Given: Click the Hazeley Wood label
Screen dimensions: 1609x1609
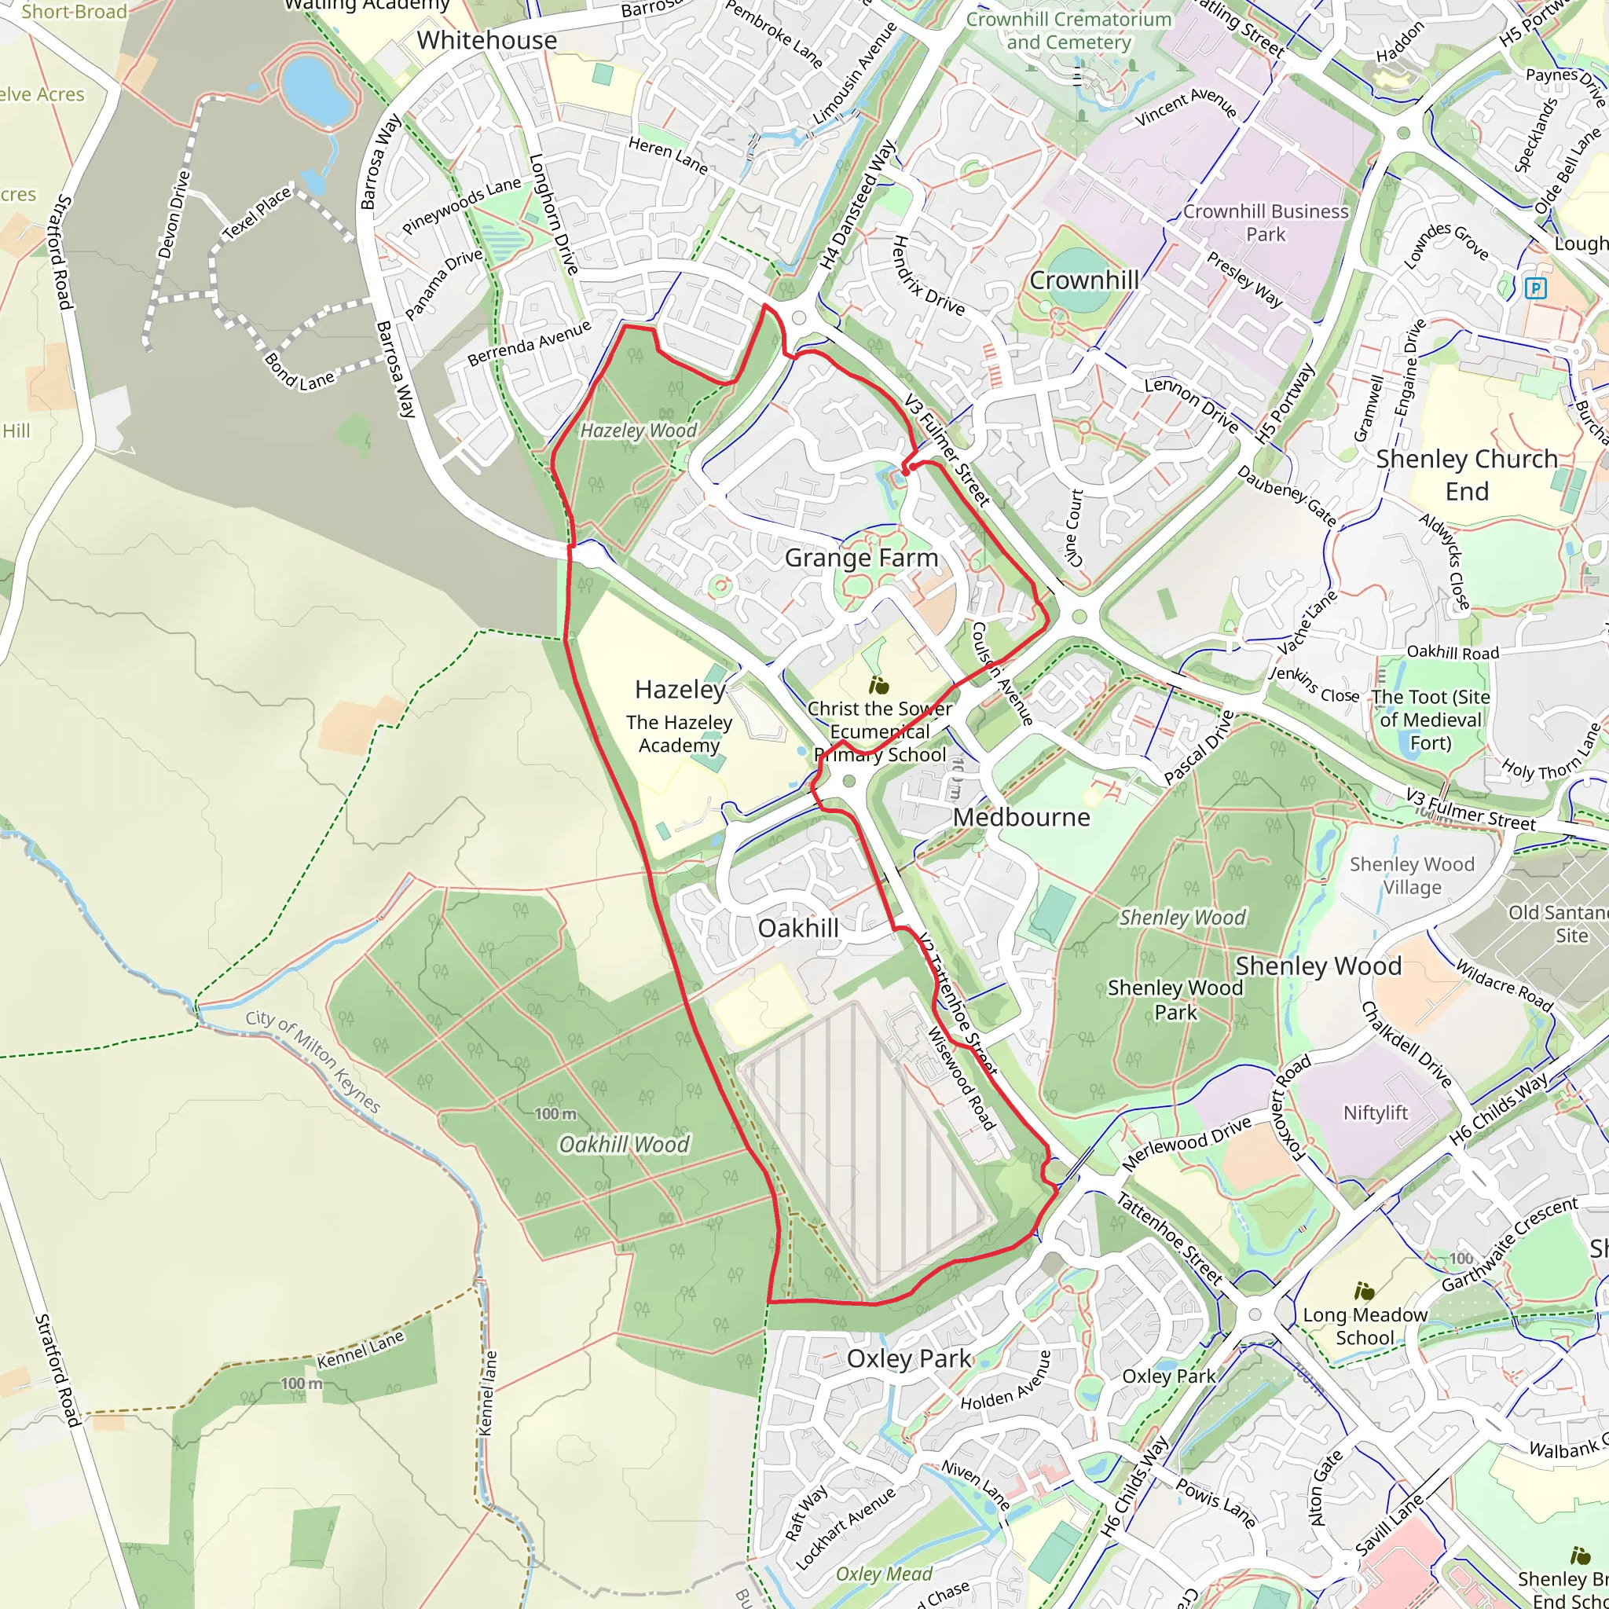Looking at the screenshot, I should point(638,431).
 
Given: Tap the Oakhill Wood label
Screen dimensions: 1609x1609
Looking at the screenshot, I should point(624,1144).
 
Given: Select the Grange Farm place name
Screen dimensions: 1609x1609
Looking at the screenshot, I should point(861,557).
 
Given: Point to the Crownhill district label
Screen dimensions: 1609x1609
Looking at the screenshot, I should point(1083,280).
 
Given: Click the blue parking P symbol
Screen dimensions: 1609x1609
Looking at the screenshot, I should point(1535,289).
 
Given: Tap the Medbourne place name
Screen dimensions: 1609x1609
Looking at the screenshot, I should point(1021,817).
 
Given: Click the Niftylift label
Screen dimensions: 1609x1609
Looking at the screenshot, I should point(1375,1112).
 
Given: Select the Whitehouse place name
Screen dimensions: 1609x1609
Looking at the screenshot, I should point(486,40).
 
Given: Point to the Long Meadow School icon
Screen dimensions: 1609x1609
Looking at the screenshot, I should point(1364,1292).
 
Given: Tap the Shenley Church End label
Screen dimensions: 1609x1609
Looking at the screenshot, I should point(1466,475).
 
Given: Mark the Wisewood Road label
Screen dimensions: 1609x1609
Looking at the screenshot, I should point(961,1078).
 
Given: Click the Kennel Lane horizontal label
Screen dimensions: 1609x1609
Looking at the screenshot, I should point(360,1350).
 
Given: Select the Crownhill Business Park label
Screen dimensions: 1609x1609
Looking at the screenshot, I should point(1265,223).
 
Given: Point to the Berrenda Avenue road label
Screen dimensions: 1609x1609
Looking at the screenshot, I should point(529,343).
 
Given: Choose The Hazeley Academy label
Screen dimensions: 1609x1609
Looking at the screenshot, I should point(679,734).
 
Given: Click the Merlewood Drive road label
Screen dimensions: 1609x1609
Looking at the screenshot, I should point(1187,1143).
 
